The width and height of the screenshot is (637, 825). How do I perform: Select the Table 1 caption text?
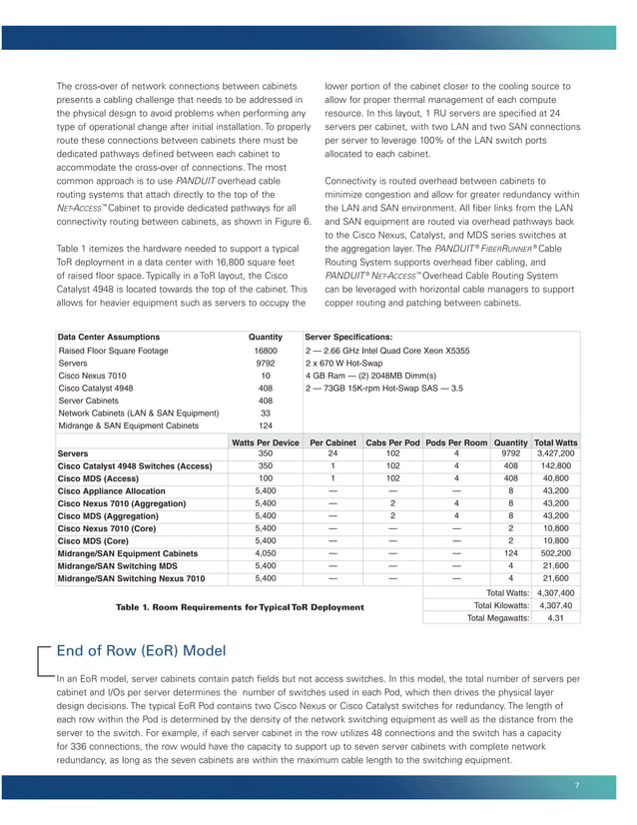240,607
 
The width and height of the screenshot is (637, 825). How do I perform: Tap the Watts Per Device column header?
265,441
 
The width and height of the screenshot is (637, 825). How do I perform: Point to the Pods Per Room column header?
455,441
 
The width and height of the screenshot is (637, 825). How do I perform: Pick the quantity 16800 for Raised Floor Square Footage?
266,352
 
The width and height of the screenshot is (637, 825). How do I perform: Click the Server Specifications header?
348,338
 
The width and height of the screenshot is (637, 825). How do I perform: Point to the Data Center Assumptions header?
109,338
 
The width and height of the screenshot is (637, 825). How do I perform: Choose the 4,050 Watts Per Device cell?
265,552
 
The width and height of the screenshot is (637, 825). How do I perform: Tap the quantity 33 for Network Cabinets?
266,413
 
